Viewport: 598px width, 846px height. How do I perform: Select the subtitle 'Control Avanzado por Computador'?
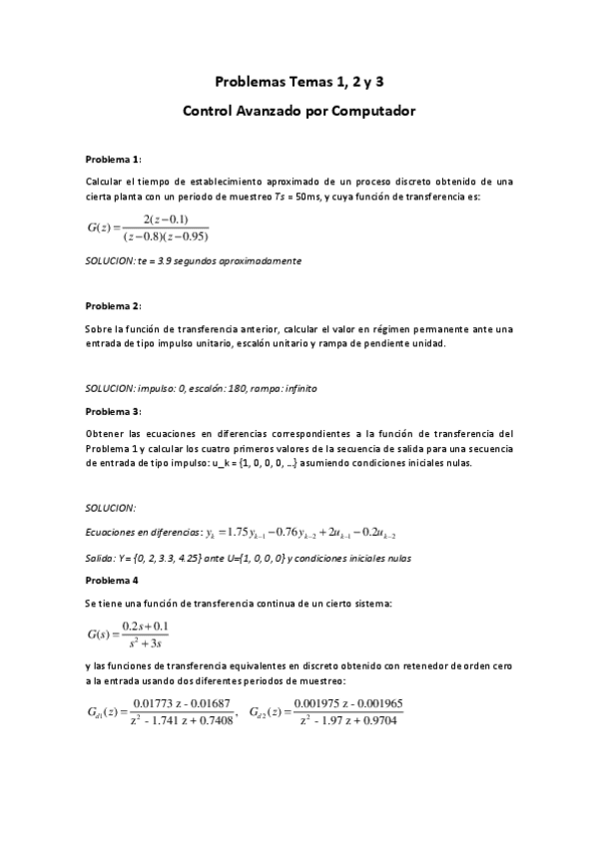pos(299,112)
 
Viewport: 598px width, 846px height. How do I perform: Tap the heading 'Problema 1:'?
pos(113,160)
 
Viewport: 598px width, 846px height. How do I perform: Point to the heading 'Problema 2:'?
pos(113,304)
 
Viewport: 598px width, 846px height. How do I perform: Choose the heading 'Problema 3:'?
pos(113,410)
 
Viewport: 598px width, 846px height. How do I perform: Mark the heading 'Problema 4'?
pos(111,579)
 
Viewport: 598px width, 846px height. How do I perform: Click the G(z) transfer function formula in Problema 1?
pos(147,227)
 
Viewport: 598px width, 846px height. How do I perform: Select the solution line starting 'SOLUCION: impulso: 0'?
pos(203,387)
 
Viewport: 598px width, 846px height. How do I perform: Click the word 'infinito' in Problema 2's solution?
pos(300,387)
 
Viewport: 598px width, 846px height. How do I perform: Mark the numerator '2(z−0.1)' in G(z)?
pos(166,219)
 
